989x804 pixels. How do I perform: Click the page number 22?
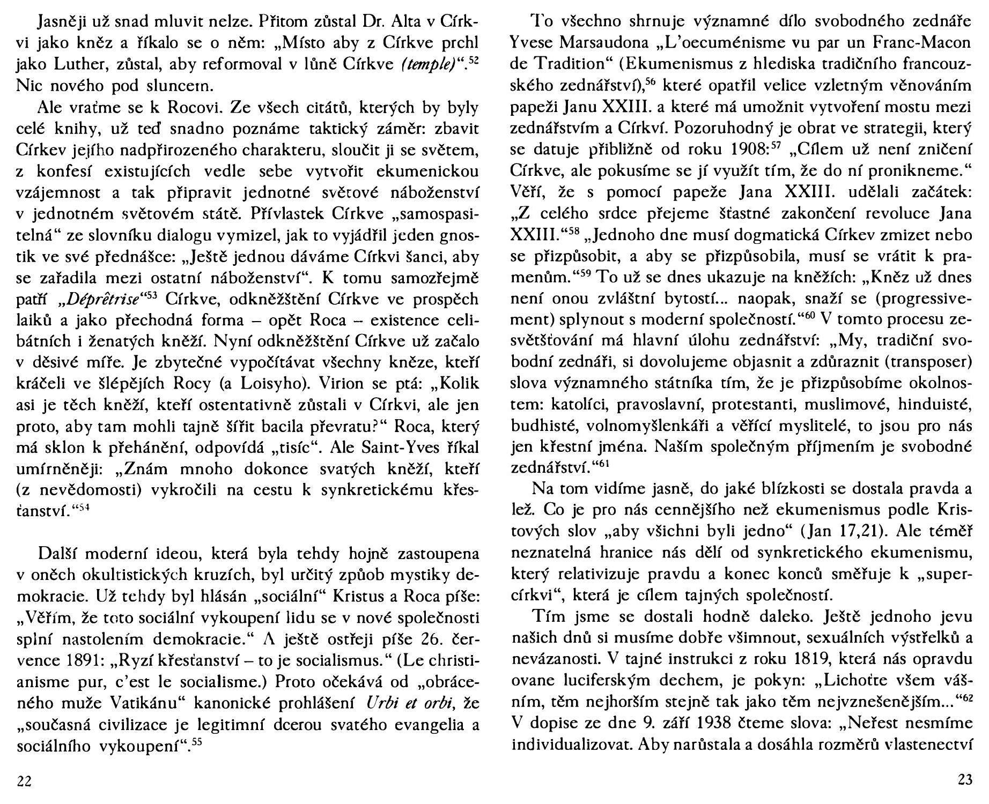(x=24, y=781)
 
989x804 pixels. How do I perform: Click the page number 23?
(x=965, y=780)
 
